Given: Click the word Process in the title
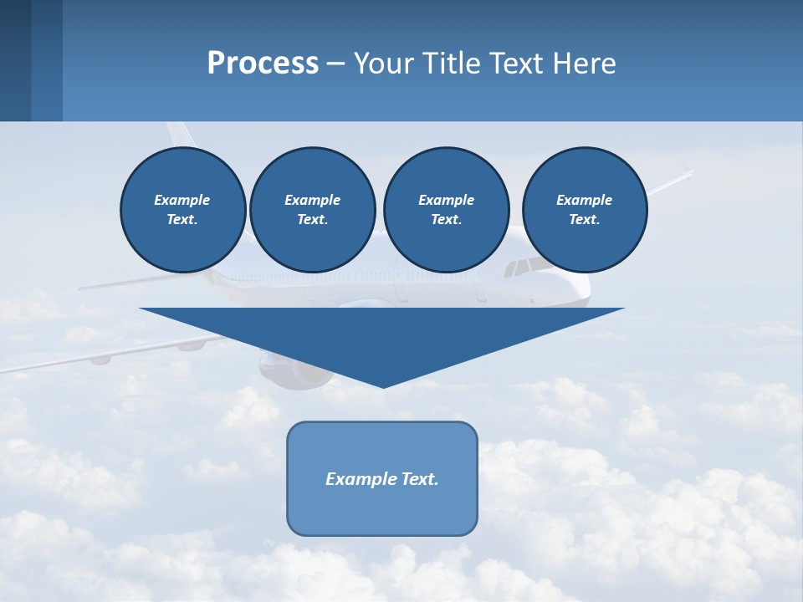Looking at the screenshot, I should pyautogui.click(x=263, y=64).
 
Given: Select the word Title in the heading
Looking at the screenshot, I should pyautogui.click(x=453, y=64).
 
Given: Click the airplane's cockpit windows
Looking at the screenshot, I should pyautogui.click(x=524, y=267).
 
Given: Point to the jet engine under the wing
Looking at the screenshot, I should pyautogui.click(x=293, y=370).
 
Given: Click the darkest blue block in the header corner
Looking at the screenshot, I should pyautogui.click(x=15, y=60).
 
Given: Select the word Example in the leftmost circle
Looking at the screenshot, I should pyautogui.click(x=182, y=200).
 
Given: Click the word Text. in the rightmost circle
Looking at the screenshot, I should pyautogui.click(x=584, y=219).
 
